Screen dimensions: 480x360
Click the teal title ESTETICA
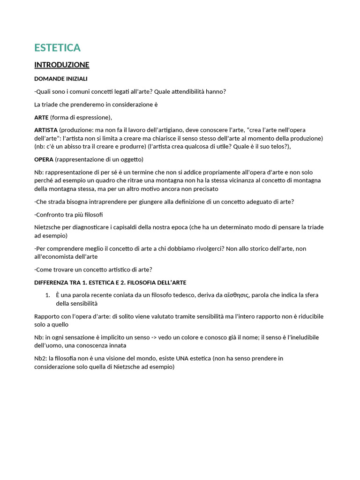57,48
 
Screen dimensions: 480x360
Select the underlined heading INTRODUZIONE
61,65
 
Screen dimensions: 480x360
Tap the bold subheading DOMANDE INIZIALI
60,78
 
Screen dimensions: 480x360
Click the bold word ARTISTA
46,129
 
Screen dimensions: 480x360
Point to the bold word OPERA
44,159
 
